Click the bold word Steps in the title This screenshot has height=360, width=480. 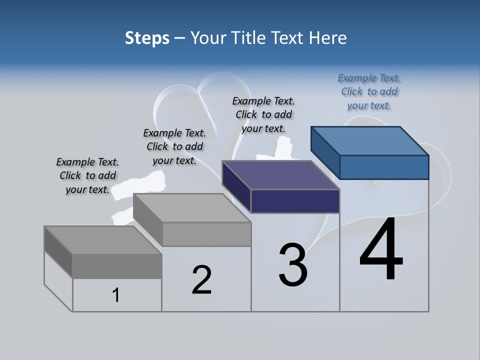click(147, 38)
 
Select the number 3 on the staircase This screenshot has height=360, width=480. click(293, 265)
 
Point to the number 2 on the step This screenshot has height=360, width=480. click(202, 280)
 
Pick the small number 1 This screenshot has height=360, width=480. click(116, 295)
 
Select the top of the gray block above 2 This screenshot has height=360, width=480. click(192, 208)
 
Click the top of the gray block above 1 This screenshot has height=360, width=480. click(103, 240)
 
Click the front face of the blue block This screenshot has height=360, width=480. click(384, 167)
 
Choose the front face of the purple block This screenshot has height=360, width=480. click(295, 201)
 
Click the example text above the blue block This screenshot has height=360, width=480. click(369, 92)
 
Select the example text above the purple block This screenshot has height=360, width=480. click(263, 115)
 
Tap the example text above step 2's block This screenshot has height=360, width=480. click(174, 147)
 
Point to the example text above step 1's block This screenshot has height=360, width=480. click(87, 176)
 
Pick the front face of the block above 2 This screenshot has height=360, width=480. click(206, 234)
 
